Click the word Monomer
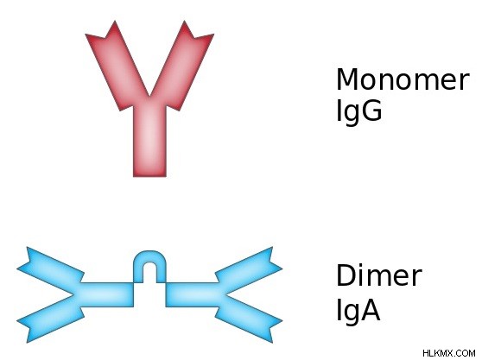point(403,79)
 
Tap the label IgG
point(359,111)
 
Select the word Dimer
point(379,275)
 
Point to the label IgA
point(358,310)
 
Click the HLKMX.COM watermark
point(449,353)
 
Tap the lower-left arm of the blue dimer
point(51,323)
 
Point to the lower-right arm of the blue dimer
point(249,323)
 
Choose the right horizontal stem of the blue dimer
point(193,294)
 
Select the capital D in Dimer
point(346,275)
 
